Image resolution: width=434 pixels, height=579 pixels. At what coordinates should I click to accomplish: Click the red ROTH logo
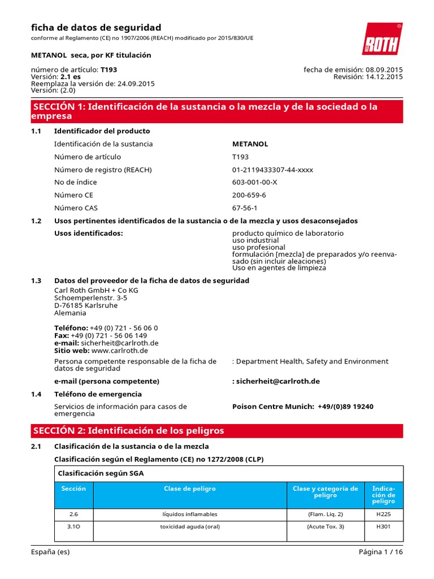coord(381,40)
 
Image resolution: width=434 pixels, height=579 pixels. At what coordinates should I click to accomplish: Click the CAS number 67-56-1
coord(245,208)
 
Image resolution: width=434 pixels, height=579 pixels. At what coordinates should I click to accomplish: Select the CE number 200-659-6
coord(249,195)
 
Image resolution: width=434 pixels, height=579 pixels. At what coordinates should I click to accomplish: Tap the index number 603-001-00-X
coord(255,182)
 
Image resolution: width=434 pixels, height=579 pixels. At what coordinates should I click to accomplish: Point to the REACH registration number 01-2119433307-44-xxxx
coord(272,170)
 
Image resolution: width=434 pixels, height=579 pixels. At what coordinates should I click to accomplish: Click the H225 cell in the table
coord(383,514)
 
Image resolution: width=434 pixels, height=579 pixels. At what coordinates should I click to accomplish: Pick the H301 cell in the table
coord(383,526)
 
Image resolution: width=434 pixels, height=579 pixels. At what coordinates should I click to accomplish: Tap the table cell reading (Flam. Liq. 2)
coord(325,514)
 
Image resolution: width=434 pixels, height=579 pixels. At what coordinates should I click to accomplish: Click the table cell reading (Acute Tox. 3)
coord(325,526)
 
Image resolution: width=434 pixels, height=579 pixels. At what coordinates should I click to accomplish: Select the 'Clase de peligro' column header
coord(189,489)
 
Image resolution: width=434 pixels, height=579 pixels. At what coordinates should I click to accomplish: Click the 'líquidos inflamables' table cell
coord(189,514)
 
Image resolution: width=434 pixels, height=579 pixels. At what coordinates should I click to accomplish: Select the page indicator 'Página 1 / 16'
coord(380,552)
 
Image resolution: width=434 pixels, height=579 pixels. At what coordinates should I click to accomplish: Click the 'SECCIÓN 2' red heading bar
coord(217,431)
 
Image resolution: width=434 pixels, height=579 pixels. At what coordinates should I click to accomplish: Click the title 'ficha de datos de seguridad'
coord(96,28)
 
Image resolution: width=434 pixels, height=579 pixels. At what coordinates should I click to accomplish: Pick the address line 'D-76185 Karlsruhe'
coord(86,305)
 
